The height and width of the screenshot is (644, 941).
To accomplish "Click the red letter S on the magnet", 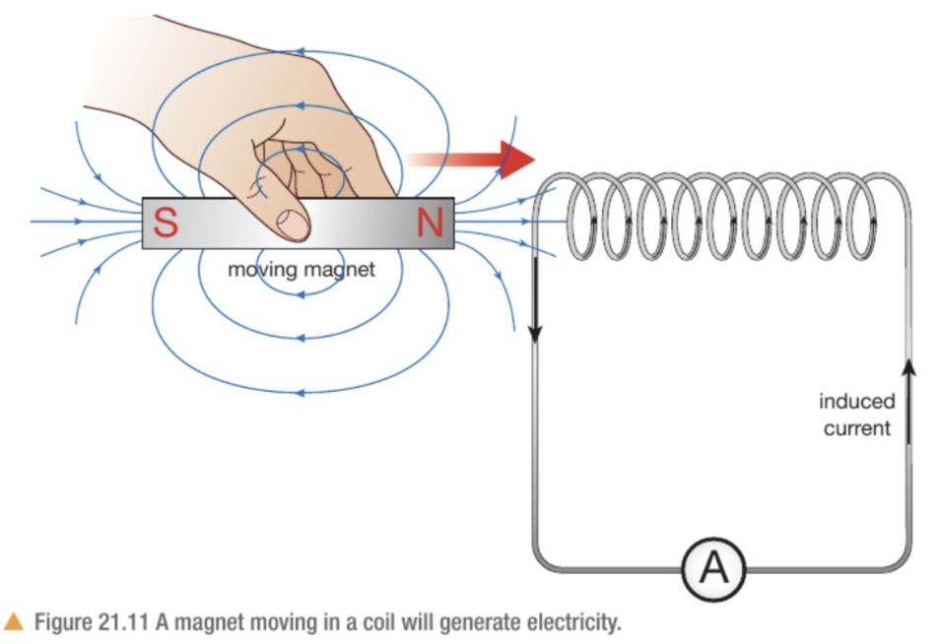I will pos(166,225).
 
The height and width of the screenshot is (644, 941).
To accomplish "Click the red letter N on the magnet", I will pos(431,225).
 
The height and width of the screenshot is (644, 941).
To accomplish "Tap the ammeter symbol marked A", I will pos(714,568).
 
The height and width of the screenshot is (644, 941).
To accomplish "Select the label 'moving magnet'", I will pos(302,268).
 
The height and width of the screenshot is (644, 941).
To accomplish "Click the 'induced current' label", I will pos(856,415).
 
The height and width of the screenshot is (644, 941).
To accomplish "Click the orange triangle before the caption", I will pos(14,622).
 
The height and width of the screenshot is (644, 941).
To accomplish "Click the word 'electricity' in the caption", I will pos(576,623).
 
